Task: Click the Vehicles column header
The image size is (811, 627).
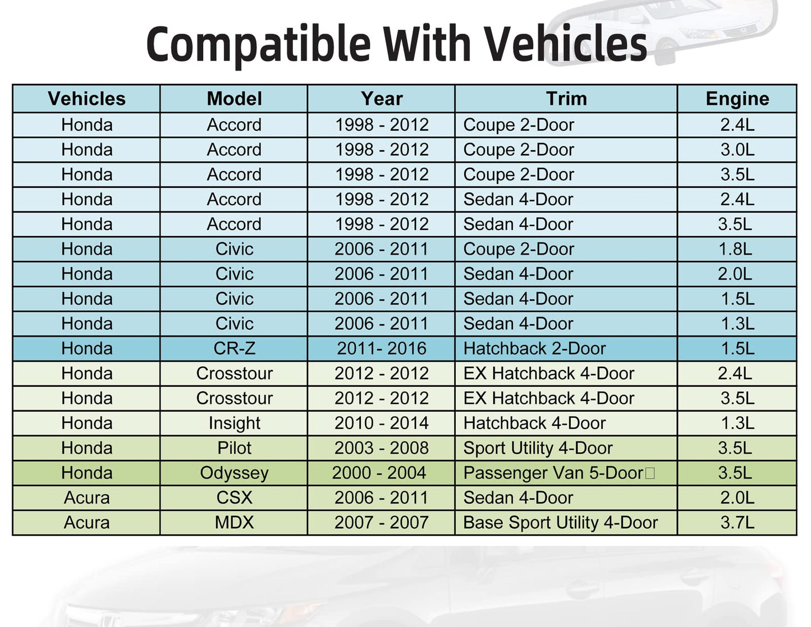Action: click(86, 99)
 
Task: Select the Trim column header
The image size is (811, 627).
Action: click(566, 99)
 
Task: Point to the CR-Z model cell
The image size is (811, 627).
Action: click(235, 348)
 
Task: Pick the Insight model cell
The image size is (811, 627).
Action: click(235, 423)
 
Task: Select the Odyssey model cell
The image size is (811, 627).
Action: click(235, 473)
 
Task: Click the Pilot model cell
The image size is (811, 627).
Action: click(235, 448)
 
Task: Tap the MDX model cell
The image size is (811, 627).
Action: click(235, 522)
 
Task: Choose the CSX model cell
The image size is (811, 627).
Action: click(235, 497)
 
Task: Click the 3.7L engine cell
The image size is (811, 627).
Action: click(737, 522)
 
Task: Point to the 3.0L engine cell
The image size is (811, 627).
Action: click(737, 150)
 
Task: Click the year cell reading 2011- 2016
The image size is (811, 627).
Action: click(382, 348)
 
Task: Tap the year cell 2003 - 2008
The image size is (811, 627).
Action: click(382, 448)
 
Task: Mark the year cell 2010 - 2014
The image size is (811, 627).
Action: click(382, 423)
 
